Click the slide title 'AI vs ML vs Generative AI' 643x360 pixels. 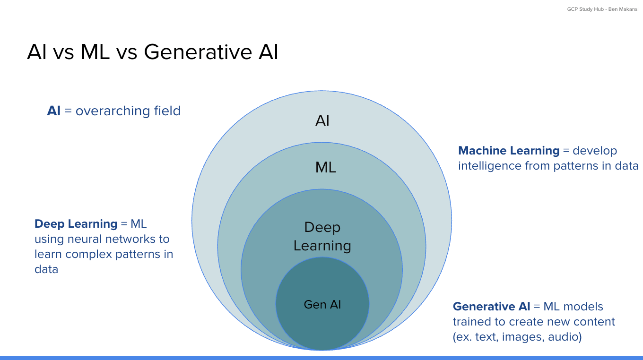pyautogui.click(x=153, y=52)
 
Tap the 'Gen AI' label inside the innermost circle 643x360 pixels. pyautogui.click(x=322, y=305)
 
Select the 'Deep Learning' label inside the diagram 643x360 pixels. pyautogui.click(x=322, y=237)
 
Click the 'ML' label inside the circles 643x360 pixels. pyautogui.click(x=325, y=168)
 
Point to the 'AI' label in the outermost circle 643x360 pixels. pyautogui.click(x=322, y=121)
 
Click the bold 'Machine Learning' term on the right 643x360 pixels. pyautogui.click(x=509, y=151)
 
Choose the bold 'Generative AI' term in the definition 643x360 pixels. pyautogui.click(x=491, y=307)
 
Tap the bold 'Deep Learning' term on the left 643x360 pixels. pyautogui.click(x=76, y=224)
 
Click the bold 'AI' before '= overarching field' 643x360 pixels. pyautogui.click(x=54, y=111)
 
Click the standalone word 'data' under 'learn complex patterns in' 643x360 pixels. pyautogui.click(x=46, y=269)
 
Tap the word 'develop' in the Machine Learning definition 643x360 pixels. pyautogui.click(x=595, y=151)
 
